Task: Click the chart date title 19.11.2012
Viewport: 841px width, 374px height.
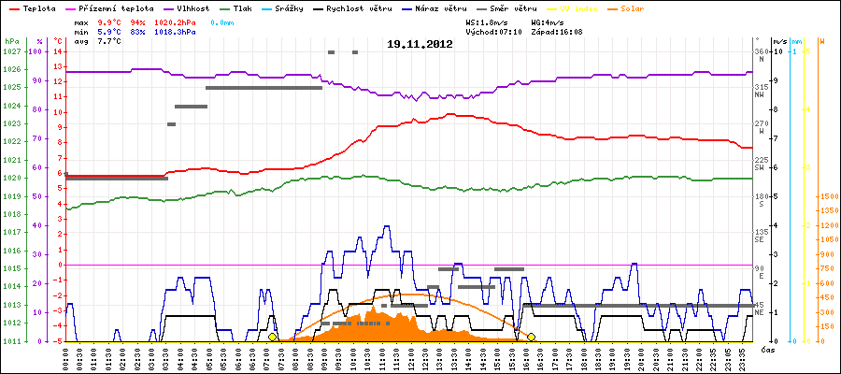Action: click(x=420, y=44)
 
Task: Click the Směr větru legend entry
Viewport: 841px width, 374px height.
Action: click(x=514, y=7)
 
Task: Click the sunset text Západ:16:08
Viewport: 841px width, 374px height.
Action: click(x=557, y=31)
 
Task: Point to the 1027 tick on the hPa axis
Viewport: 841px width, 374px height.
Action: click(x=11, y=51)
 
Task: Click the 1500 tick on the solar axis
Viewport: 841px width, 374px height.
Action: click(x=829, y=197)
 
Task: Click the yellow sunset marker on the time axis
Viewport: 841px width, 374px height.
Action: click(x=531, y=337)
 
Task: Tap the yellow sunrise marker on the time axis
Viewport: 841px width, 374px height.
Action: click(x=273, y=337)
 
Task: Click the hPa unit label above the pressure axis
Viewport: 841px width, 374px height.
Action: click(x=11, y=41)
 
